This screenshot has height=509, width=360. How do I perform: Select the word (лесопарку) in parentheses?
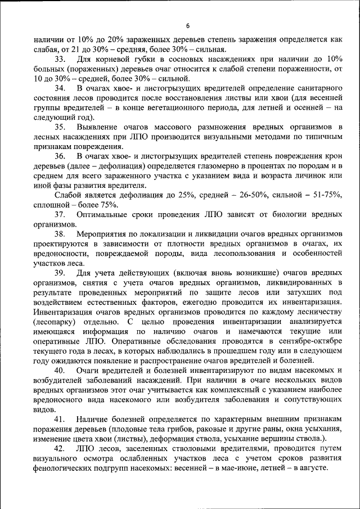[56, 321]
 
